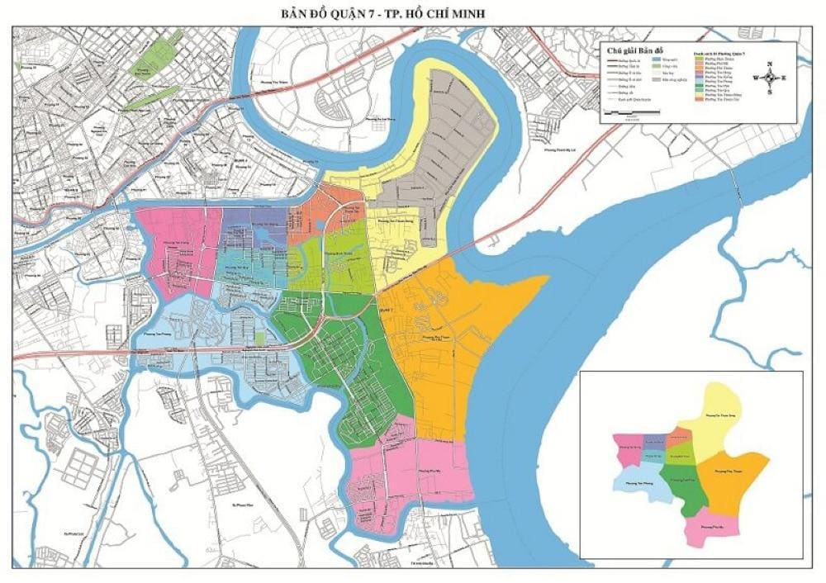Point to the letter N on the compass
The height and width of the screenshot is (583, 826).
click(x=770, y=64)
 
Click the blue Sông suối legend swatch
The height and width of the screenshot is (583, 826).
click(x=657, y=60)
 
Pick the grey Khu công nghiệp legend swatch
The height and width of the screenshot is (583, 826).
click(x=657, y=83)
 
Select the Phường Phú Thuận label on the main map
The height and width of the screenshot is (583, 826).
click(x=436, y=337)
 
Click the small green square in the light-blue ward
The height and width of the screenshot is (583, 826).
click(x=260, y=338)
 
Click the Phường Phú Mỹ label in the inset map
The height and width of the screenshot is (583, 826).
click(x=712, y=526)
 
